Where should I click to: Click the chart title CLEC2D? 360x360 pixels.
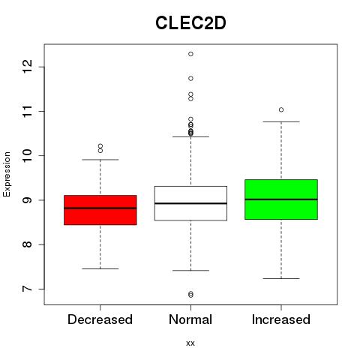tap(190, 23)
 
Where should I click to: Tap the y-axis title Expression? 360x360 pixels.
tap(7, 174)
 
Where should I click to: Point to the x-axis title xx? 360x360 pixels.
tap(190, 343)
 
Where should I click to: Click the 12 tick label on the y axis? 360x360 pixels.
tap(27, 66)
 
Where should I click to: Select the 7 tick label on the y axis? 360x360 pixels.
tap(27, 289)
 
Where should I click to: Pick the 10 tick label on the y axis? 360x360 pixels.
tap(27, 155)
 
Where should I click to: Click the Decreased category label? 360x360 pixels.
tap(100, 319)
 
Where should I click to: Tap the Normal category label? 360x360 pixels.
tap(190, 319)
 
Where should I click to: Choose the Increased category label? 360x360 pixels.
tap(281, 319)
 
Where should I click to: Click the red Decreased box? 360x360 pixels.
tap(100, 210)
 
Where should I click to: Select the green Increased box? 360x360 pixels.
tap(281, 199)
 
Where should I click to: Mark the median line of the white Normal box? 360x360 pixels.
tap(190, 203)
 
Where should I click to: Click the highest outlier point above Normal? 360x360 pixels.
tap(190, 54)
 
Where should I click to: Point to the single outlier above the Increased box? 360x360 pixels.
tap(281, 109)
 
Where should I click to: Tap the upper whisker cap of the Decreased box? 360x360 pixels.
tap(100, 160)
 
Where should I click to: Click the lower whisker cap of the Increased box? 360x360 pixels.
tap(281, 278)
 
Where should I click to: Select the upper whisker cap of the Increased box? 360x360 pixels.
tap(281, 121)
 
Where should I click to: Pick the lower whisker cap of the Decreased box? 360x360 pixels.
tap(100, 268)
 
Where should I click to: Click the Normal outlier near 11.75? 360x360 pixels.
tap(190, 79)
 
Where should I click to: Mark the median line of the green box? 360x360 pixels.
tap(281, 199)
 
